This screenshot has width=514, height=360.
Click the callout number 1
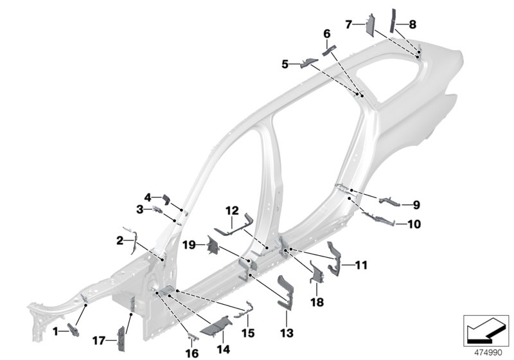pyautogui.click(x=55, y=330)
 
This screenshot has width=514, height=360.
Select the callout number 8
pyautogui.click(x=412, y=24)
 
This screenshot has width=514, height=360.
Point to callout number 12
pyautogui.click(x=231, y=210)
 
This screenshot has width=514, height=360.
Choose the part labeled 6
pyautogui.click(x=328, y=50)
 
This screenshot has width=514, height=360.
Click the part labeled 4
pyautogui.click(x=163, y=199)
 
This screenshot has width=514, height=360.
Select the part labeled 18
pyautogui.click(x=315, y=273)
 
